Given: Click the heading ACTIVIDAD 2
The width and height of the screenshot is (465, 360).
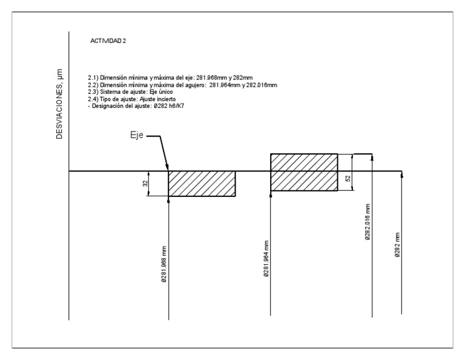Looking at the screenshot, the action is [x=108, y=41].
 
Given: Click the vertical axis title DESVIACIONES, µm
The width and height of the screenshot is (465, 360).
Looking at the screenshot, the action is [x=61, y=112].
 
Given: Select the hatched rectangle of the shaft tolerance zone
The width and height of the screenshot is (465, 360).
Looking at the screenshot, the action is [x=201, y=184].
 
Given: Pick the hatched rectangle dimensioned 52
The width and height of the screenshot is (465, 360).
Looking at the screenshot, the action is [x=304, y=172].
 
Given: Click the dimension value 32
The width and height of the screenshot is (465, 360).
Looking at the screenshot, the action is [x=145, y=184].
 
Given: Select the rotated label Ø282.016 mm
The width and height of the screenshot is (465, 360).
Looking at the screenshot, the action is [x=368, y=222].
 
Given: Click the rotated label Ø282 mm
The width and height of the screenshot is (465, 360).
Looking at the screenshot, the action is [x=397, y=245].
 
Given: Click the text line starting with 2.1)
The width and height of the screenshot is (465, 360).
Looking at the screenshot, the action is [x=170, y=78].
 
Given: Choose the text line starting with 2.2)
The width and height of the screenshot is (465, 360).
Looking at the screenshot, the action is [x=182, y=85].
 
